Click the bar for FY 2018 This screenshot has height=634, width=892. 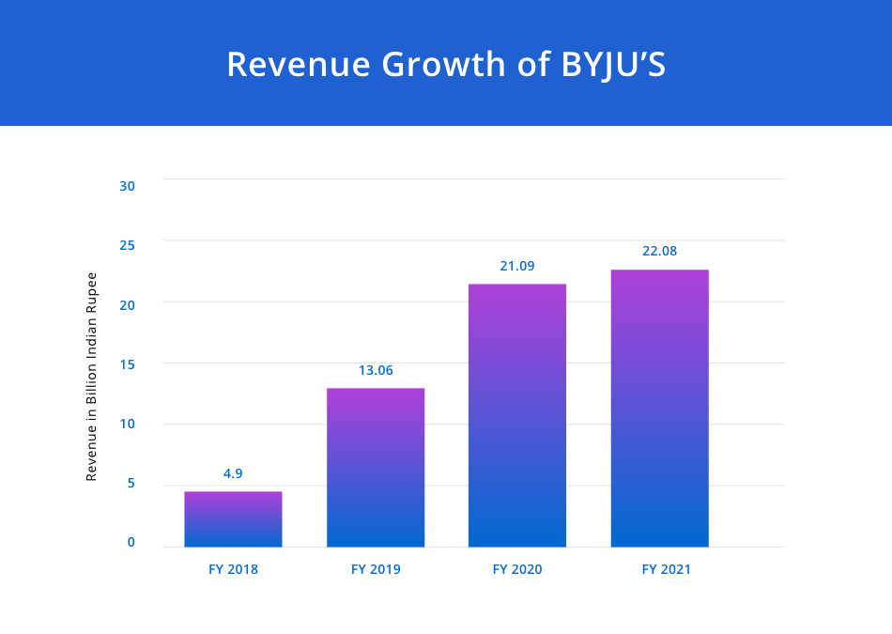[233, 518]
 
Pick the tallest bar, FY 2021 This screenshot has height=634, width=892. [659, 408]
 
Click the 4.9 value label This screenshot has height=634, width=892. [233, 473]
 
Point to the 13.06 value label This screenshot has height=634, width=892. [376, 370]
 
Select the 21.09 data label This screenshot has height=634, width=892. [517, 266]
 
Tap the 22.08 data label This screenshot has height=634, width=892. [659, 251]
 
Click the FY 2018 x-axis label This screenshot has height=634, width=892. [233, 569]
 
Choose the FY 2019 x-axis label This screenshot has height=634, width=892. [376, 569]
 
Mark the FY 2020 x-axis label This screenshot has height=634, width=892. [517, 569]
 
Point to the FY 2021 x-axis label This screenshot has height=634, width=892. [667, 569]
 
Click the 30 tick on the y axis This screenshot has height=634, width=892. [128, 185]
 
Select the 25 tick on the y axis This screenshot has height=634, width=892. [128, 245]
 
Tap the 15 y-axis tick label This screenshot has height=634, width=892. [128, 363]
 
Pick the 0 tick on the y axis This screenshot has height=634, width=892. [131, 542]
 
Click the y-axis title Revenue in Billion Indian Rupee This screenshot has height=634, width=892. [92, 377]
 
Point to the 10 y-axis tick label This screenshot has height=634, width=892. [128, 424]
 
